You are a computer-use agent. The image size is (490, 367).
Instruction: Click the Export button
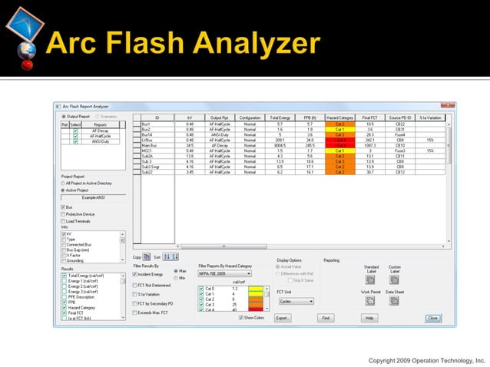tap(283, 317)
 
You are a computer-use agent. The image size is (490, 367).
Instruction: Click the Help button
tap(369, 317)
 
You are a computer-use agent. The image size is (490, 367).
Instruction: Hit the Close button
tap(432, 317)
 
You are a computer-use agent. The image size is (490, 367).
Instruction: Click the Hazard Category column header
tap(339, 117)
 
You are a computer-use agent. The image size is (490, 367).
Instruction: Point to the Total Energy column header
tap(280, 117)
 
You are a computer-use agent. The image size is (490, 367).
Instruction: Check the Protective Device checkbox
tap(63, 214)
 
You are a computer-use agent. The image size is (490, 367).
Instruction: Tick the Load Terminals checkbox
tap(63, 221)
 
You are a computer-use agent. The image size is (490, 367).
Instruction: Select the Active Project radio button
tap(63, 190)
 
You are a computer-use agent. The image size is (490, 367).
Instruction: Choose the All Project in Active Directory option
tap(63, 184)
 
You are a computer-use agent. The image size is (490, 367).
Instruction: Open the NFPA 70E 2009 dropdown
tap(225, 273)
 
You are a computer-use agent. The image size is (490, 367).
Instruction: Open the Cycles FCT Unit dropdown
tap(296, 301)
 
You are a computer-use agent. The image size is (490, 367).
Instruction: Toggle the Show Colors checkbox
tap(240, 317)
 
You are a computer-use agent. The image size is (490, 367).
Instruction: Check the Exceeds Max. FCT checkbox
tap(135, 313)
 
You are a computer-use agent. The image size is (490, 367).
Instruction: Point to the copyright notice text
tap(426, 359)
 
